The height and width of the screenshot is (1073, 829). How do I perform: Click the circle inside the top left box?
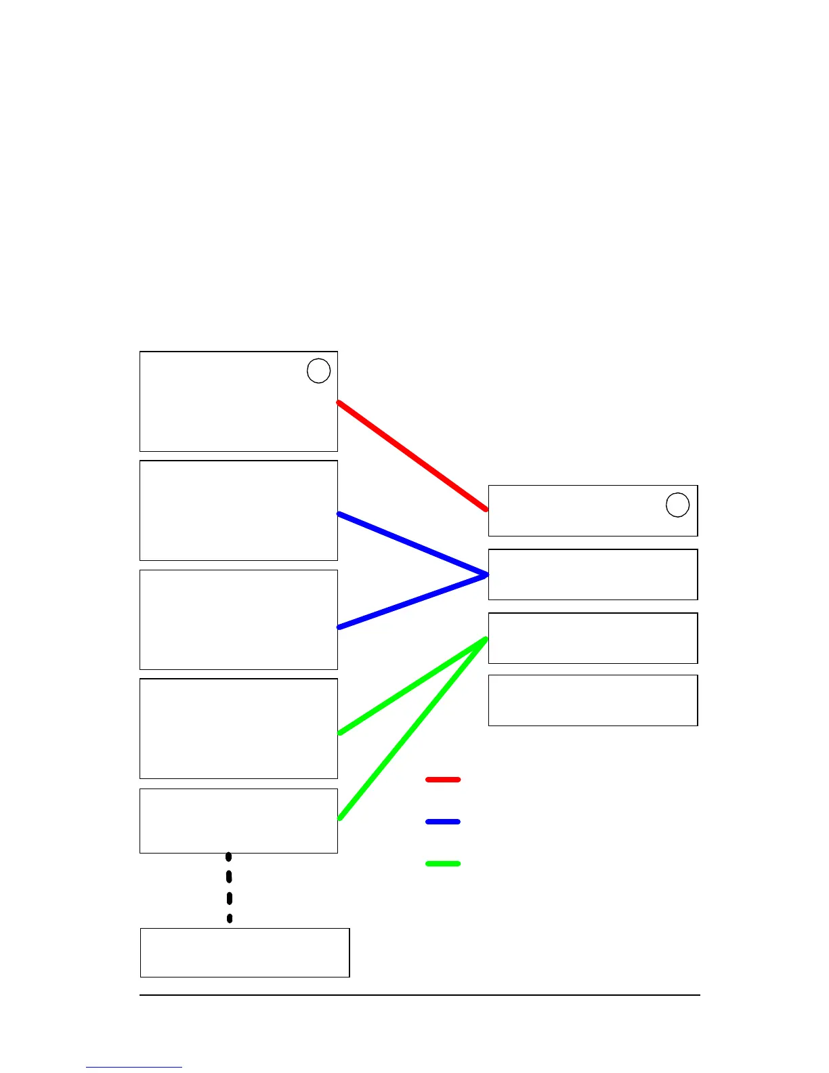coord(318,371)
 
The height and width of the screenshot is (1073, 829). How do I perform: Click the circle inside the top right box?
coord(677,505)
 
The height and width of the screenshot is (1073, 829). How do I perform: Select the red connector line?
coord(412,456)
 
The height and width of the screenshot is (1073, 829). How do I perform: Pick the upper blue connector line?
coord(412,545)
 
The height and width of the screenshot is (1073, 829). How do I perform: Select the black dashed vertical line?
coord(229,887)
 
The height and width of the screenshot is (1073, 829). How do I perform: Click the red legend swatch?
coord(443,780)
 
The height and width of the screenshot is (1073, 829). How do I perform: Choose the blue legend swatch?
coord(443,822)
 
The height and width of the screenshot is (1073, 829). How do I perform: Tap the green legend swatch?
coord(443,864)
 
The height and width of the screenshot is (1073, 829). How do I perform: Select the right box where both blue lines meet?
coord(593,574)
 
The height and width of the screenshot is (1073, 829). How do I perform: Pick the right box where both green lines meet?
coord(593,638)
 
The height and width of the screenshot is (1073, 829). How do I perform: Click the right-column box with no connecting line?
coord(593,700)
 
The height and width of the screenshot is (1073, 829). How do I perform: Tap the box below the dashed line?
coord(245,952)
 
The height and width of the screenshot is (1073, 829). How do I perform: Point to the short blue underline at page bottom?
coord(134,1067)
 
